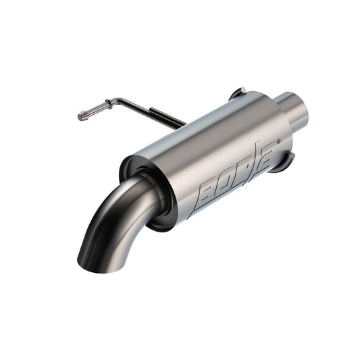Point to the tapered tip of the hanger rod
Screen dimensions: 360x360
pyautogui.click(x=82, y=116)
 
